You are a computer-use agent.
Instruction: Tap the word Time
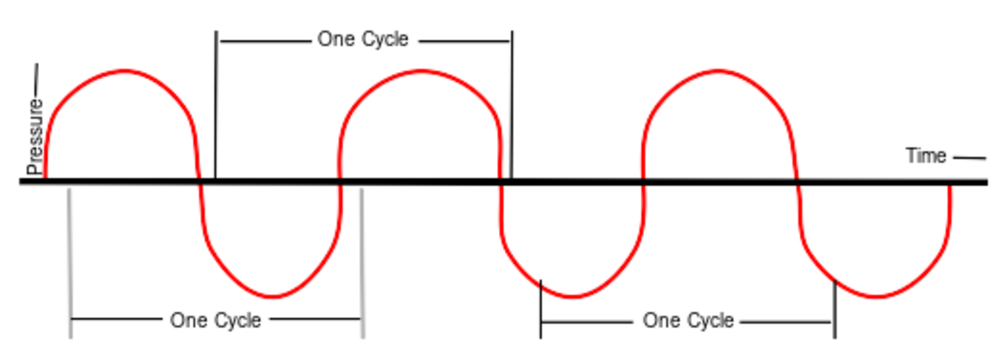926,156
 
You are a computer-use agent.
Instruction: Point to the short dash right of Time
970,158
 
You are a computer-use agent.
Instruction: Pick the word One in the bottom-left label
188,320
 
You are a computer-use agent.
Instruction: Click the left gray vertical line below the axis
70,264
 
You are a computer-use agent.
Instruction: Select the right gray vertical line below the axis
362,264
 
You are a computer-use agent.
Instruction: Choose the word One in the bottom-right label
661,320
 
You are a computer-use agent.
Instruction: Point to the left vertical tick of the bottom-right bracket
541,309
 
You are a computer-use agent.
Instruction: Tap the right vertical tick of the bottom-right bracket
835,309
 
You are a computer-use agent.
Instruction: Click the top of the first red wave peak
124,71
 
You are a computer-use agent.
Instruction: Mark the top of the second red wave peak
422,71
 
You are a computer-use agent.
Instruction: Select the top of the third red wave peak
718,71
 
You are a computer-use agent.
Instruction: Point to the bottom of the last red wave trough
876,296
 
